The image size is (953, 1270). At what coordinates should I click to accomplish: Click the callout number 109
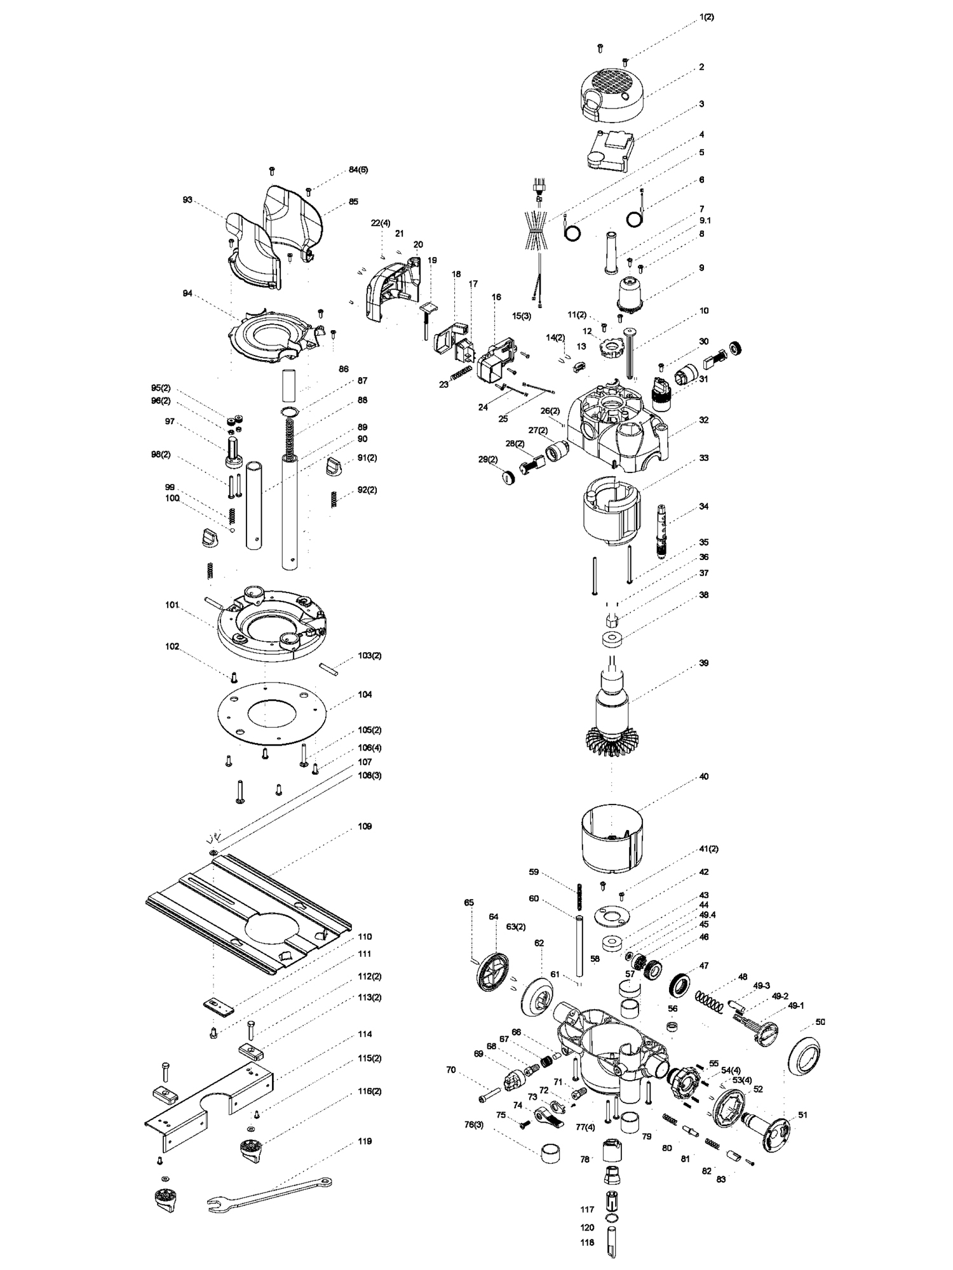pos(365,826)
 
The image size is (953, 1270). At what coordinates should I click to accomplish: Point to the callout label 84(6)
pos(358,170)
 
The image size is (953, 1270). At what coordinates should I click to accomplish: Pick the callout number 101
pos(172,605)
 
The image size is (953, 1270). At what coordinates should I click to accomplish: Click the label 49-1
pos(796,1005)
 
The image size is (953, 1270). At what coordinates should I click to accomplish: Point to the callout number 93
pos(187,199)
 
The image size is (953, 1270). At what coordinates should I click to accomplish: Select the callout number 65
pos(469,902)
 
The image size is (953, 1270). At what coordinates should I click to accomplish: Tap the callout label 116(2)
pos(369,1091)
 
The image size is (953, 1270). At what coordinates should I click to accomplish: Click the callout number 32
pos(703,420)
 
